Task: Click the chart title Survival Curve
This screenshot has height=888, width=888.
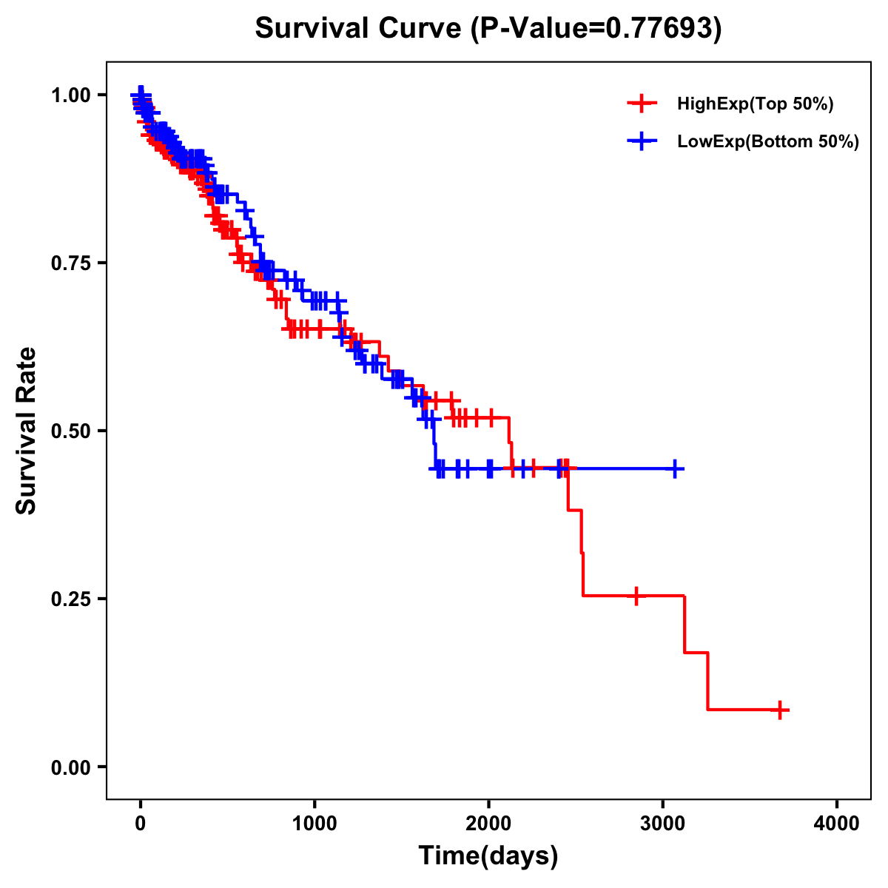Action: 358,29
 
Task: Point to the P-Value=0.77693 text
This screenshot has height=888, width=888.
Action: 597,29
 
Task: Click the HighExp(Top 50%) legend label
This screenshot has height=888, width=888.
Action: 755,104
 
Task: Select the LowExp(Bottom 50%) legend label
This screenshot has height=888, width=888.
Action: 768,142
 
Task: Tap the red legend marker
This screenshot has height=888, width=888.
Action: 642,104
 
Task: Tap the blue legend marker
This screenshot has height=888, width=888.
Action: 642,141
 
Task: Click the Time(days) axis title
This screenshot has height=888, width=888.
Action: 488,856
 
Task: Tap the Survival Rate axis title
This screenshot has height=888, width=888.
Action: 27,431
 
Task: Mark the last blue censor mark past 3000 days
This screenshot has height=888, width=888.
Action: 675,468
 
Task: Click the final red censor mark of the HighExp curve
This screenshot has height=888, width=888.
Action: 779,710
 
